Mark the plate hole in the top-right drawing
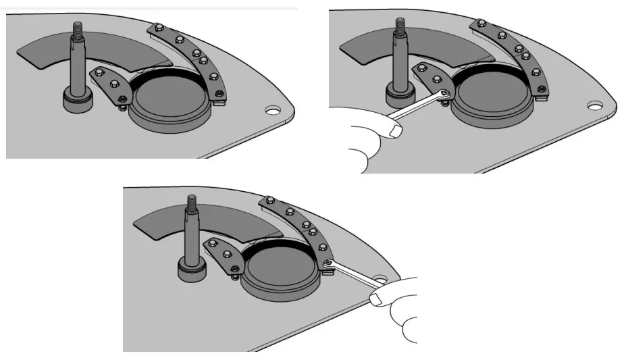pyautogui.click(x=594, y=105)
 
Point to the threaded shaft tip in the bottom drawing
pyautogui.click(x=190, y=199)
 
